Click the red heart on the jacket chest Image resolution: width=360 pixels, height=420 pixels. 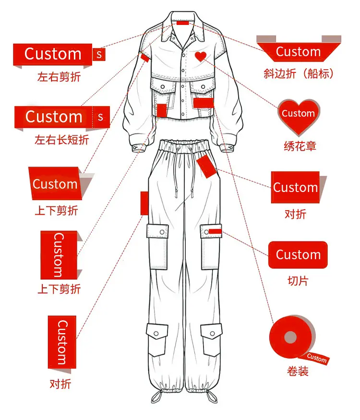tap(200, 57)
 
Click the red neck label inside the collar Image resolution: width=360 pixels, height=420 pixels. tap(183, 23)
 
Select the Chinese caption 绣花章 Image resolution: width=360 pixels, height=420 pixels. tap(300, 146)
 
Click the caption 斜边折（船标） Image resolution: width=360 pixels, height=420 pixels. tap(299, 73)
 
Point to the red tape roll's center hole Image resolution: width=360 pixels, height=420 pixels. tap(290, 337)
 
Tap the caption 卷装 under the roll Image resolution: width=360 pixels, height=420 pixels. tap(298, 371)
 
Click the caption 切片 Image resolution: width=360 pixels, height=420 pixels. tap(298, 281)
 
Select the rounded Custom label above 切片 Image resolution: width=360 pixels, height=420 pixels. tap(298, 255)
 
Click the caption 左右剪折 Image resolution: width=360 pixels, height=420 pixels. tap(59, 77)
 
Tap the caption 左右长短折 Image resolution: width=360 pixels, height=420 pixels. tap(61, 140)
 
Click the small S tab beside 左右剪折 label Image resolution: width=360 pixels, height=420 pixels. tap(99, 54)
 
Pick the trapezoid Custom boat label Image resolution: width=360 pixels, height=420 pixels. tap(299, 52)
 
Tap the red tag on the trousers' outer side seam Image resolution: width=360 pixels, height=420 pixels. tap(144, 203)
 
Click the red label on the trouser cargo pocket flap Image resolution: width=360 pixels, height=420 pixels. tap(215, 231)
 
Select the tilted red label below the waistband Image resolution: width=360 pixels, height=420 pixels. tap(206, 167)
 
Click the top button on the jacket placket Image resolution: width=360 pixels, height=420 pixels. tap(183, 55)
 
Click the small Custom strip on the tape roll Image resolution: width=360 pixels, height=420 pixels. tap(317, 358)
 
